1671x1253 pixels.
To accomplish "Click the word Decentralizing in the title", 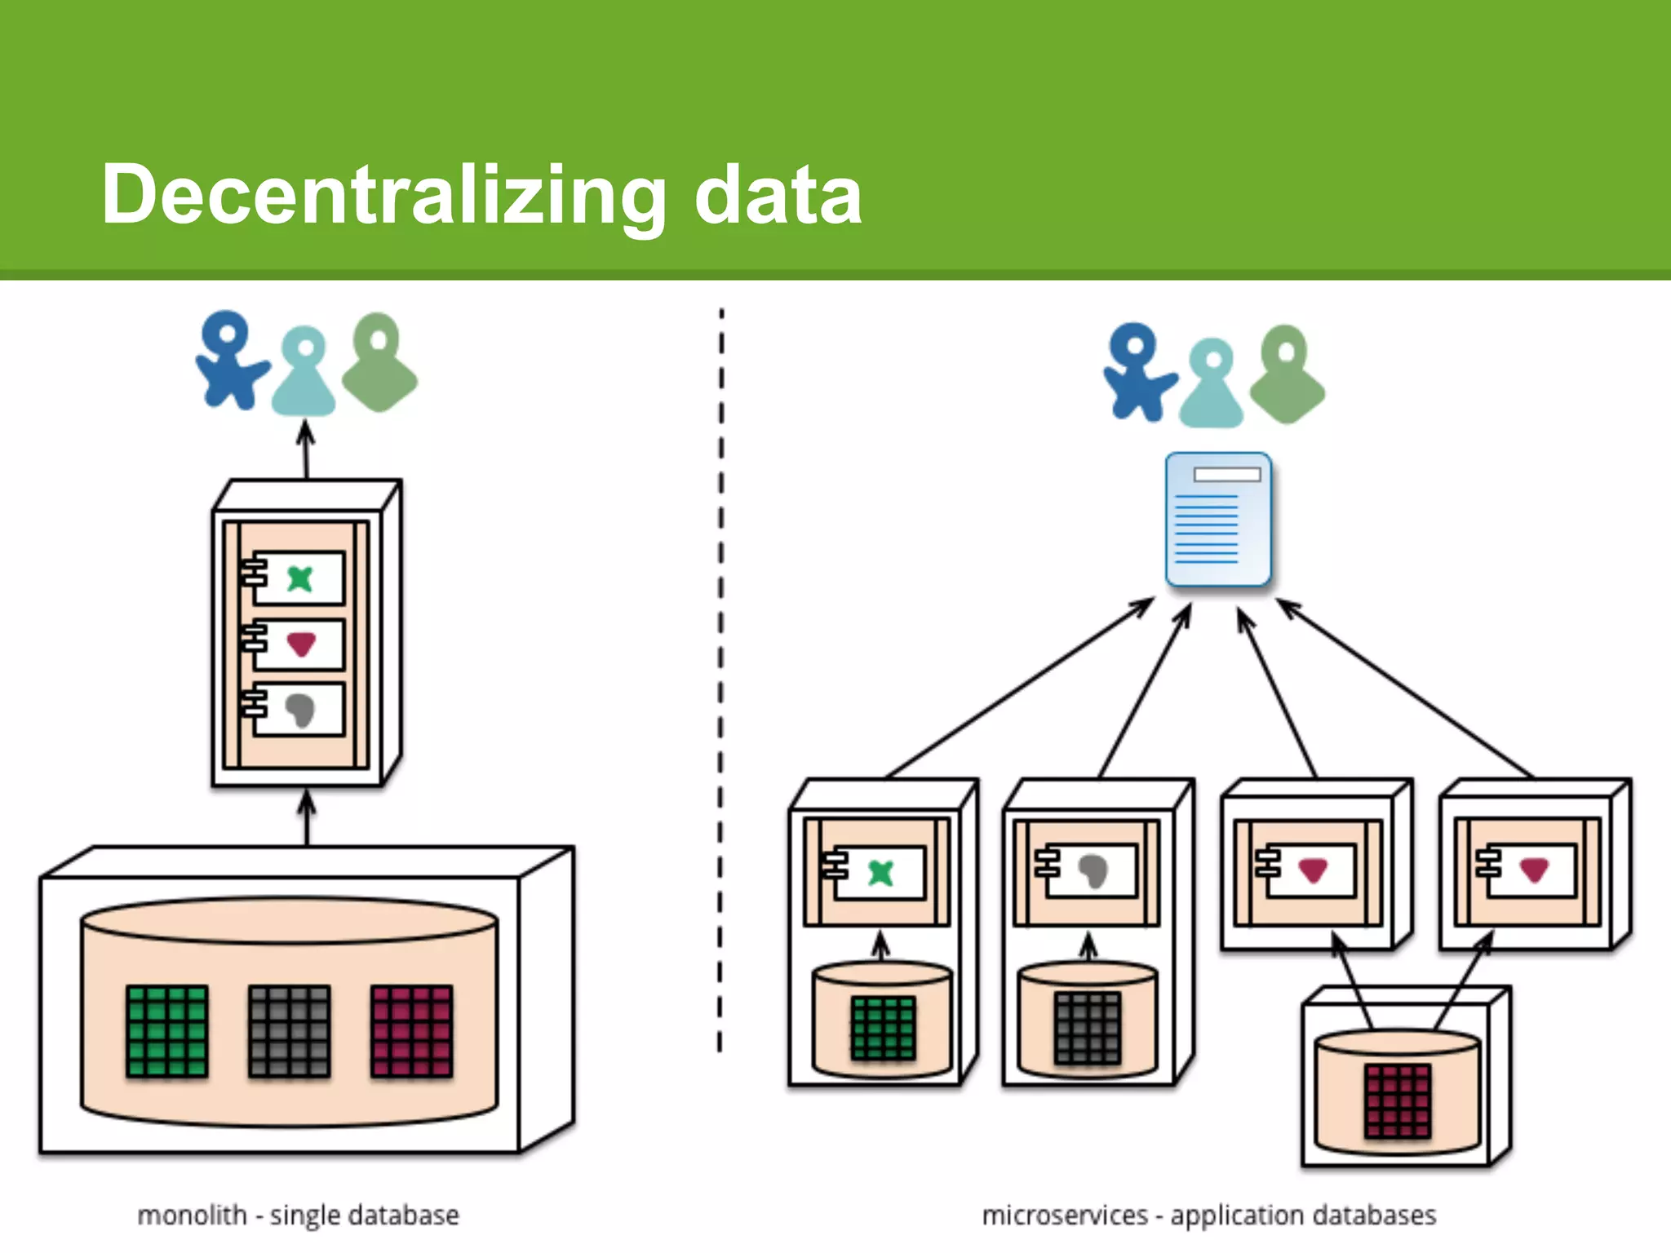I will (x=383, y=196).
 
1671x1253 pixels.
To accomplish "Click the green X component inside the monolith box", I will (x=299, y=579).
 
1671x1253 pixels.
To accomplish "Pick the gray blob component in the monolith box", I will (x=299, y=710).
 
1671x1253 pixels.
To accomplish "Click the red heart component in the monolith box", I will (x=300, y=644).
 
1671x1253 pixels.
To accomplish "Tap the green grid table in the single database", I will (x=167, y=1031).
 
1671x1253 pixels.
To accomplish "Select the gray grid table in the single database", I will (x=289, y=1031).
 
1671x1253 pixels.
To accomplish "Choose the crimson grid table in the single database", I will (x=411, y=1031).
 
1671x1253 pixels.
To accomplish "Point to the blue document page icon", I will (x=1218, y=520).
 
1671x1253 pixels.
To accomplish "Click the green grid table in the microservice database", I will (x=883, y=1028).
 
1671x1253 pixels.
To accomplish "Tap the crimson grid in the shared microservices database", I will (x=1398, y=1100).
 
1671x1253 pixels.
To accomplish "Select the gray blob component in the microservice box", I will (x=1093, y=871).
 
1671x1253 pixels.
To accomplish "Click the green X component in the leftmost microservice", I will (x=880, y=873).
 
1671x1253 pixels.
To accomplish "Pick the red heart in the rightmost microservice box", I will (x=1533, y=870).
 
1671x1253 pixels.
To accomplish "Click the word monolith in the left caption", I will (x=192, y=1215).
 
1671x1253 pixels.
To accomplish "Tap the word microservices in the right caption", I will (x=1064, y=1215).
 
